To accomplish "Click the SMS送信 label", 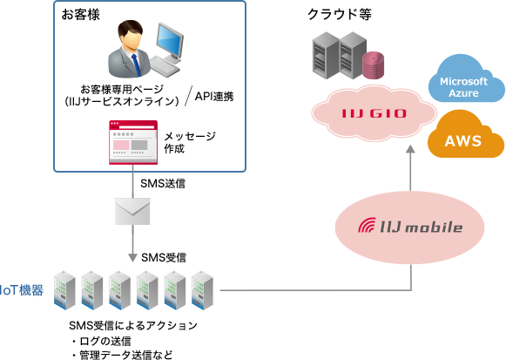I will [162, 184].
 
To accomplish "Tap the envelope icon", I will [132, 211].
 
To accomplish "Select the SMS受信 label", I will [164, 257].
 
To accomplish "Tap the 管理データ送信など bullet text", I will [122, 354].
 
